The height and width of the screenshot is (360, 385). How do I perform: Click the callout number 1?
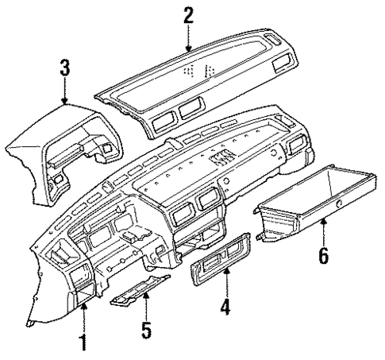83,344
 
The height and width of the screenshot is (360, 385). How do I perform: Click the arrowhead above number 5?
145,295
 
